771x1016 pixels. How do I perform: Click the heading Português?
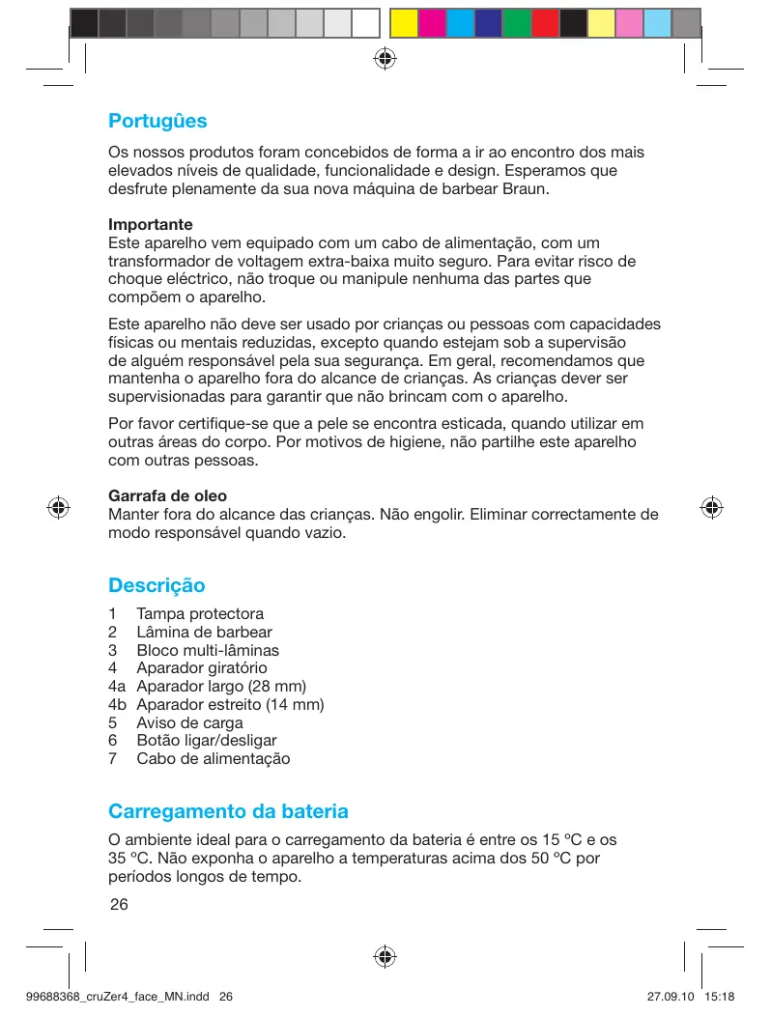[x=157, y=122]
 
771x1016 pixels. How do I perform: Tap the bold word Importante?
[x=151, y=224]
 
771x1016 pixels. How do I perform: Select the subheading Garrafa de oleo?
[x=168, y=495]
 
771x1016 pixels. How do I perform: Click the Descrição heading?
[x=157, y=585]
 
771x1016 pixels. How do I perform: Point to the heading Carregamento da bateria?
[x=228, y=811]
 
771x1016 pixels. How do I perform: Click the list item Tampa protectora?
[x=200, y=613]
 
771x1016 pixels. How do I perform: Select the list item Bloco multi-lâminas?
[x=208, y=650]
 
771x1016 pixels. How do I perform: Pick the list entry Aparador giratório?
[x=202, y=667]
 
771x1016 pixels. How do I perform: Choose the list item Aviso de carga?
[x=189, y=722]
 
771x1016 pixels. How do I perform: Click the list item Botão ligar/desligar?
[x=207, y=740]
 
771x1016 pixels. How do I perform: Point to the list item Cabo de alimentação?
[x=214, y=758]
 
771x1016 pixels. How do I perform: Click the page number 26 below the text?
[x=119, y=904]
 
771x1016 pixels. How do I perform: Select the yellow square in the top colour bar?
[x=404, y=22]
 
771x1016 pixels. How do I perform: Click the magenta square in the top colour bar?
[x=432, y=22]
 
